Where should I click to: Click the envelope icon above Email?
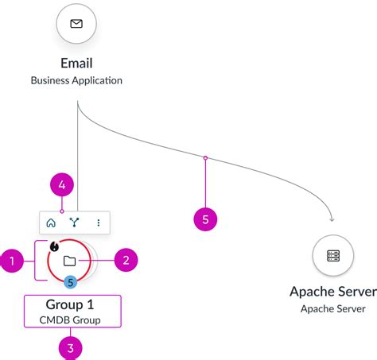76,24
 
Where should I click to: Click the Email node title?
76,63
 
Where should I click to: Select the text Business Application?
76,80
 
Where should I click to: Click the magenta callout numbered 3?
72,346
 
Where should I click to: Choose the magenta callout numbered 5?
205,219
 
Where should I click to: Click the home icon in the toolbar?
51,223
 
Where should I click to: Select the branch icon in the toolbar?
74,223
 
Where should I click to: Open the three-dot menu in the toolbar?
98,223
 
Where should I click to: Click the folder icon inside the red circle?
69,260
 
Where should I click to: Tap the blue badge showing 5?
70,281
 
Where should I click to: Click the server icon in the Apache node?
333,256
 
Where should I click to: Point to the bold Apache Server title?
333,291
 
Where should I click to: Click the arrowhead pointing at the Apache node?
331,219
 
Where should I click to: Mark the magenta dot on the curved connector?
205,158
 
